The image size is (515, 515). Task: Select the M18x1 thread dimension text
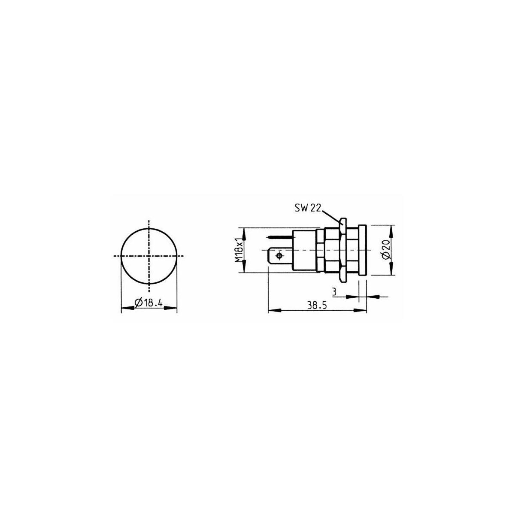coord(239,250)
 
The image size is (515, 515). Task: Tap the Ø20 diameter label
coord(386,250)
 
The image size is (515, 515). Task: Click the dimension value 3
coord(334,291)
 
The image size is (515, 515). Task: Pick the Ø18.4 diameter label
coord(149,303)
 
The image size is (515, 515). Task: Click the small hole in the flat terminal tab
coord(279,256)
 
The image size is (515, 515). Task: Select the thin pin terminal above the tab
coord(280,237)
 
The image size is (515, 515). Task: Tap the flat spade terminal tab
coord(280,256)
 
